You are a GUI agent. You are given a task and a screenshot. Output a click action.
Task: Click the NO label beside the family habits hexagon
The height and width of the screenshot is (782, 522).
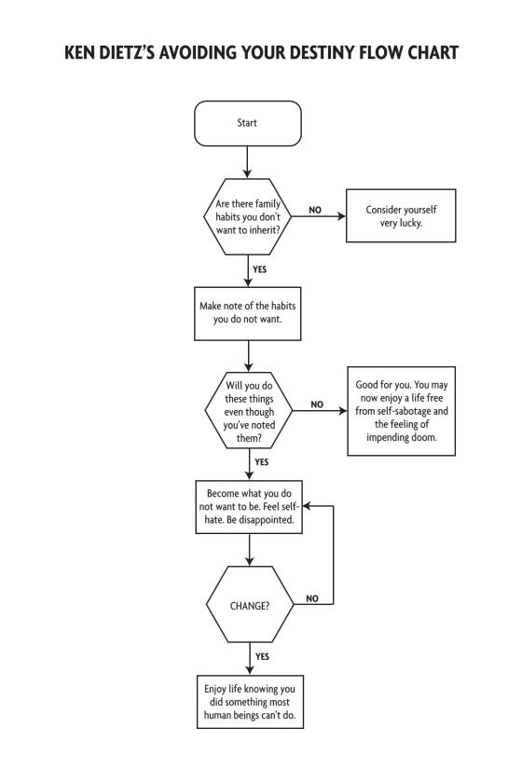[315, 210]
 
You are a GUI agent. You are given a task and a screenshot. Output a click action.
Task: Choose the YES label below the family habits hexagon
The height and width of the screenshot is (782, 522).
[260, 269]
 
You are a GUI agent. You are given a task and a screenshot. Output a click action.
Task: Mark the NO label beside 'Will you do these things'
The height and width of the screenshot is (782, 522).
[317, 405]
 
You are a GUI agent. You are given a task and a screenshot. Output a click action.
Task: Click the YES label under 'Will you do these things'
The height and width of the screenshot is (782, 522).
[262, 462]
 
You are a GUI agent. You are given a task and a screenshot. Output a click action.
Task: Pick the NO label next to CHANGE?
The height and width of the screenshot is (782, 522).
[312, 598]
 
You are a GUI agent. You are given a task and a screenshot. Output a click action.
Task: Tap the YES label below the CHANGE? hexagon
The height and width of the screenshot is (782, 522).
[262, 657]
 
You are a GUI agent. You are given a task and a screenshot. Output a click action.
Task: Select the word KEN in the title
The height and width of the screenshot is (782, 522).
[80, 53]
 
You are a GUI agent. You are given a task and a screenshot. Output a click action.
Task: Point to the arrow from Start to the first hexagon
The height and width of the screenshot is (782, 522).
[247, 162]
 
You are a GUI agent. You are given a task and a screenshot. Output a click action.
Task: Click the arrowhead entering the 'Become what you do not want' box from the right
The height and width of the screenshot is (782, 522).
[307, 506]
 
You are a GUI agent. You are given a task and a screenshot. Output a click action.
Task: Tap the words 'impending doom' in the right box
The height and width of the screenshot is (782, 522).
[402, 438]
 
